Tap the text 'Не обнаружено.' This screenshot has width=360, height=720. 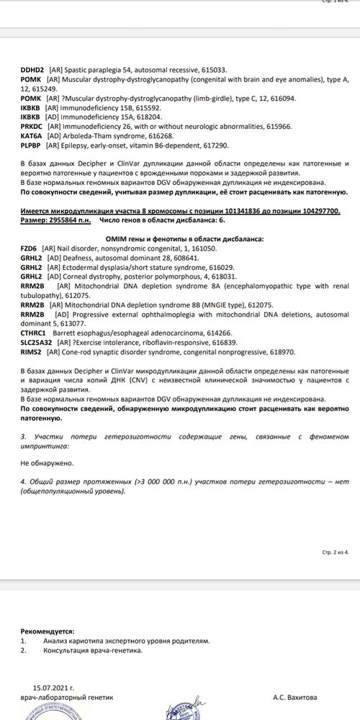[47, 464]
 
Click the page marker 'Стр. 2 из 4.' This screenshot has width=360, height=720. [331, 533]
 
